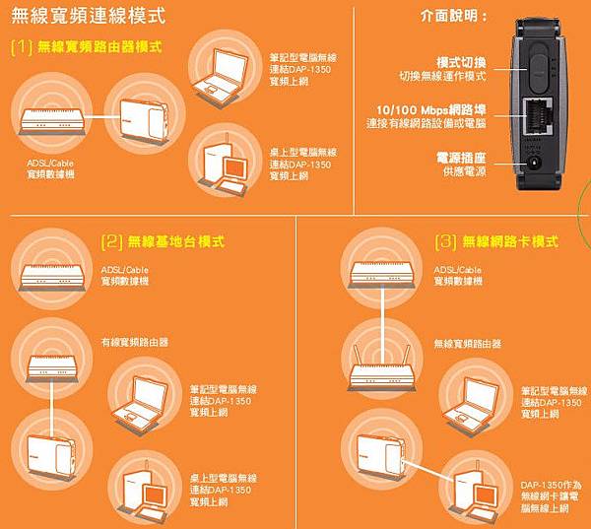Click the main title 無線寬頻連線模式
point(89,17)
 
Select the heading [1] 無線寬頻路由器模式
point(87,47)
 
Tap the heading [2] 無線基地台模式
point(163,241)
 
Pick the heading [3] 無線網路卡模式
point(496,241)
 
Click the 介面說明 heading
point(454,16)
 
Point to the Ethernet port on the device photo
point(538,116)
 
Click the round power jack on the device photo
point(534,163)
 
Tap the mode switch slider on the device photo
point(538,69)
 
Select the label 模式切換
point(462,63)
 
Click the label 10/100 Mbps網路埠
point(431,110)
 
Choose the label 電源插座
point(461,158)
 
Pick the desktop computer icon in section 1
point(226,165)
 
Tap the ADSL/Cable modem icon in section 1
point(52,120)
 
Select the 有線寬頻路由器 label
point(135,343)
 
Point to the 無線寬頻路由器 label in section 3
point(467,344)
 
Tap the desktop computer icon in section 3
point(476,492)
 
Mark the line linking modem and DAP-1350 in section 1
point(101,116)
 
